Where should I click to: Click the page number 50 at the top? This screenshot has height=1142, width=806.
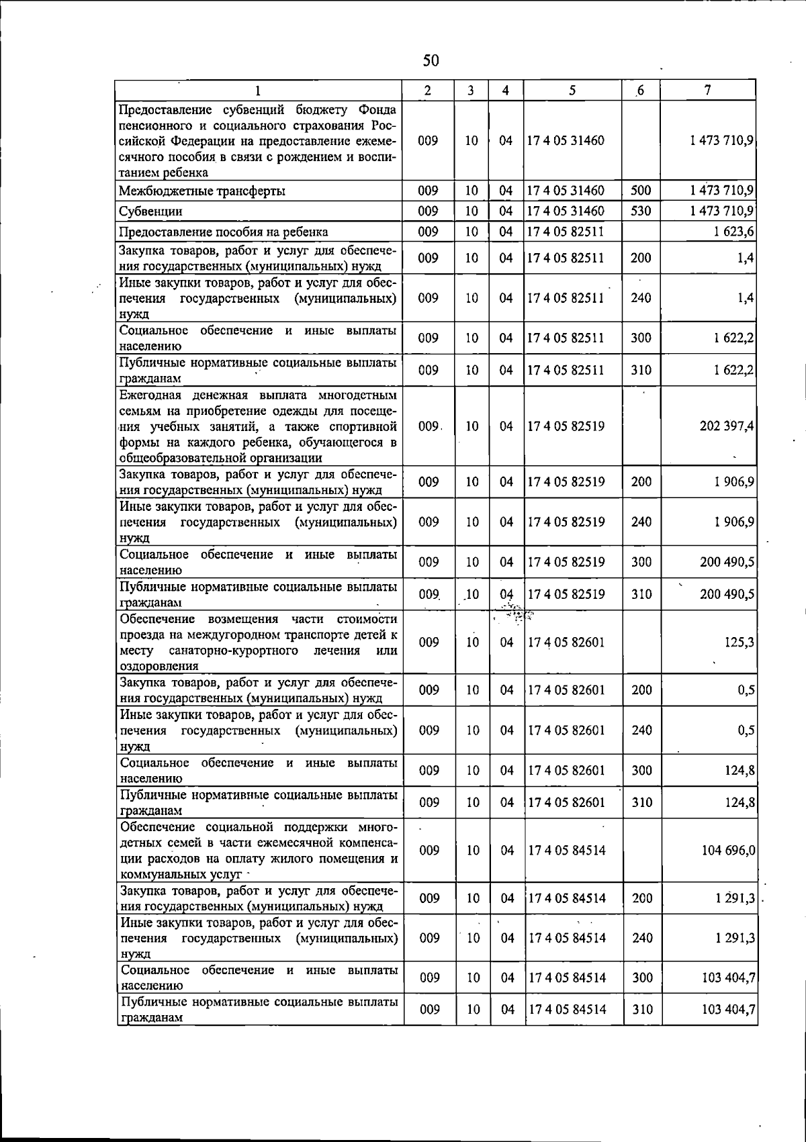tap(431, 61)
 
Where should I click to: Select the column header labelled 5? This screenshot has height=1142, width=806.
tap(572, 90)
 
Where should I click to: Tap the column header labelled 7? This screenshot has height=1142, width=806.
tap(708, 90)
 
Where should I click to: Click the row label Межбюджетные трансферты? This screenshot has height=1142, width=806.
tap(201, 191)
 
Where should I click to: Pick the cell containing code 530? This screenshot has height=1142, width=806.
tap(641, 211)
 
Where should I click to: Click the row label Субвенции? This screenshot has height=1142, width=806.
tap(150, 211)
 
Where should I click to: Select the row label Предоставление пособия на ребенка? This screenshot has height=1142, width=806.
tap(223, 232)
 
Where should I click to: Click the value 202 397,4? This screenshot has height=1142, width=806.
tap(726, 426)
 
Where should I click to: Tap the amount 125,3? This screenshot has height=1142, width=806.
tap(739, 643)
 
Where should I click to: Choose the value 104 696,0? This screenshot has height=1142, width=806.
tap(728, 851)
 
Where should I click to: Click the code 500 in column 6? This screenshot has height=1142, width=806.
tap(641, 191)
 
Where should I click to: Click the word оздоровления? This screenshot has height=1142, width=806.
tap(159, 666)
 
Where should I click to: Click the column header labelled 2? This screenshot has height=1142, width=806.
tap(428, 90)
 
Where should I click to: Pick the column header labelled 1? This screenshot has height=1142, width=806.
tap(257, 90)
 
